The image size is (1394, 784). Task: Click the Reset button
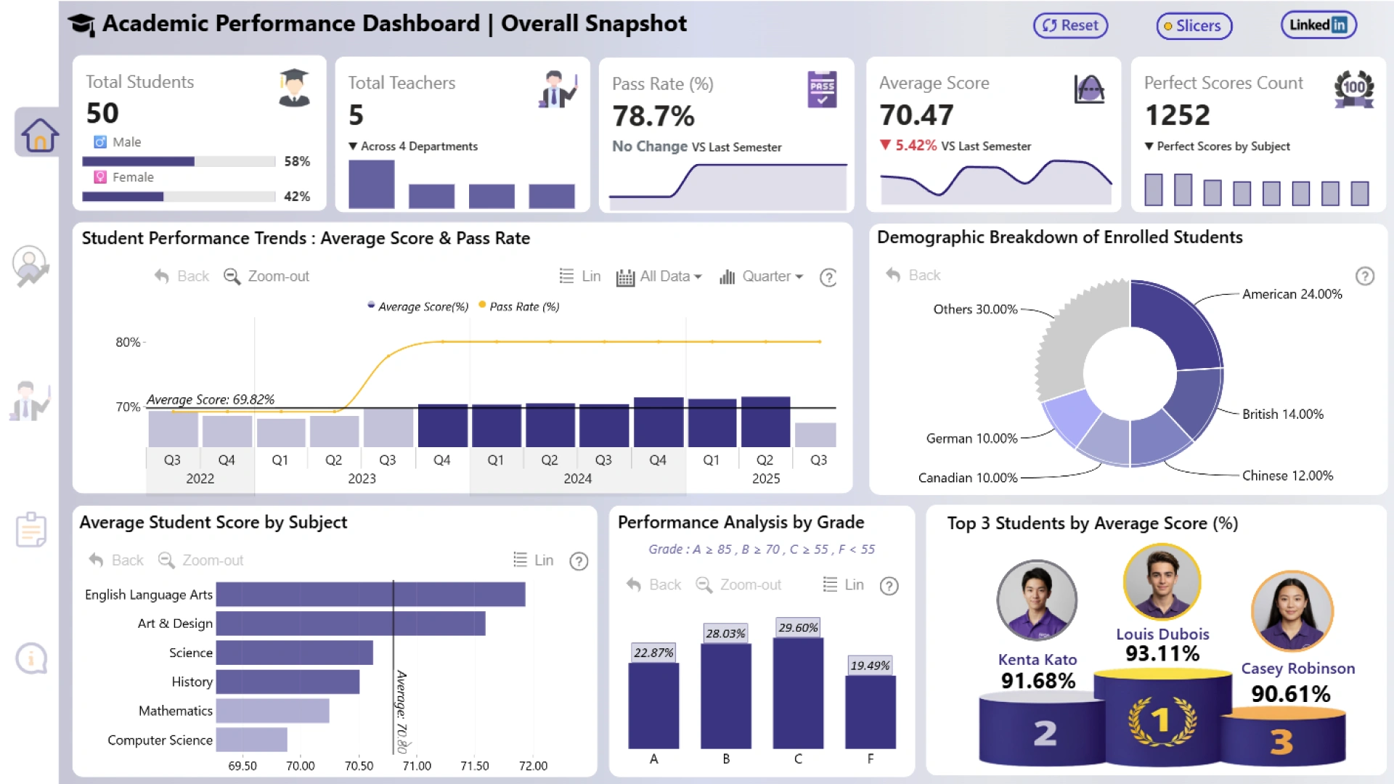point(1071,25)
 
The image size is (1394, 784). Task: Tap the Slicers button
point(1194,26)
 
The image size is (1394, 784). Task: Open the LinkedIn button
point(1318,25)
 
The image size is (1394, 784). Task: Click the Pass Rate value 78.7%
point(653,116)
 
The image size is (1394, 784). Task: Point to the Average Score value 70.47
point(916,115)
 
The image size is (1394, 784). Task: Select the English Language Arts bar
point(370,595)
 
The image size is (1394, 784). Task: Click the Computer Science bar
point(251,740)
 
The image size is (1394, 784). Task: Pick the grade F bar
point(871,711)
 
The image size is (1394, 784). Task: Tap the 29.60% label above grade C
point(798,628)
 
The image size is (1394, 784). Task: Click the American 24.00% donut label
point(1292,294)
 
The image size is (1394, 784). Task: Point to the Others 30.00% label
point(975,309)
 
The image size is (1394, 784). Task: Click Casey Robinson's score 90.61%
point(1290,694)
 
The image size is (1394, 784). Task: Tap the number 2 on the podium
point(1045,733)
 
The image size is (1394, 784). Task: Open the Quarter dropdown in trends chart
point(762,277)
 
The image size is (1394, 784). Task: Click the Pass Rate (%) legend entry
point(519,306)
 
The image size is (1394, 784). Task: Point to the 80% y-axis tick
point(128,342)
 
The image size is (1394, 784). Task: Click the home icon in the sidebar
point(39,135)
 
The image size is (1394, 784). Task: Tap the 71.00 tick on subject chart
point(417,766)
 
